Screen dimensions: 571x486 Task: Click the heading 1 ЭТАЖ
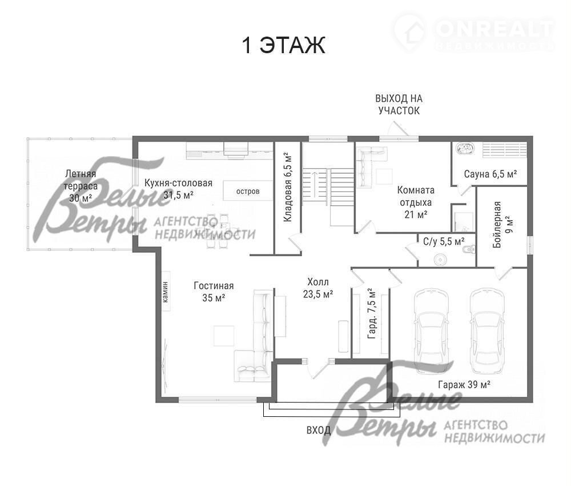(x=283, y=45)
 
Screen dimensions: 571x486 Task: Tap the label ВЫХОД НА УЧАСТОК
(x=399, y=104)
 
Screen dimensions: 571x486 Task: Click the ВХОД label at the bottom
(x=318, y=430)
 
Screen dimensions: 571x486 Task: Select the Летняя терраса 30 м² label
(x=81, y=186)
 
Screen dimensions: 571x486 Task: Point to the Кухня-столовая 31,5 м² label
(x=178, y=189)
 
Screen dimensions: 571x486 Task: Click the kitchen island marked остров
(x=248, y=190)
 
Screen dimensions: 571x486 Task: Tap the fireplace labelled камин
(x=166, y=291)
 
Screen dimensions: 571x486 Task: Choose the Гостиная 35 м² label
(x=214, y=291)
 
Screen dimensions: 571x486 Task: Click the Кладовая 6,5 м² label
(x=288, y=188)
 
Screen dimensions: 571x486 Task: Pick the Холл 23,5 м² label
(x=318, y=288)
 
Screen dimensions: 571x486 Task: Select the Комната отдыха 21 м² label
(x=416, y=202)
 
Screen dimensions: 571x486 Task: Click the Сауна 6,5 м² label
(x=490, y=174)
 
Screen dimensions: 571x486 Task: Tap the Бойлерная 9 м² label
(x=502, y=225)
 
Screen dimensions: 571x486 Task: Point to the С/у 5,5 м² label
(x=444, y=241)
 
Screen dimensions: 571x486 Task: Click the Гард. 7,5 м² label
(x=372, y=314)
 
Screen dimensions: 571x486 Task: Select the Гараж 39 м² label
(x=464, y=384)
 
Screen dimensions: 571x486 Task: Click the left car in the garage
(x=431, y=330)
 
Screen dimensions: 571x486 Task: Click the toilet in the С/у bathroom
(x=468, y=250)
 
